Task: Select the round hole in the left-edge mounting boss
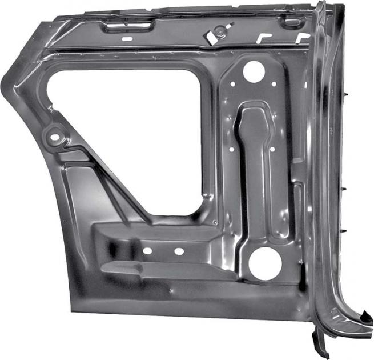pos(55,137)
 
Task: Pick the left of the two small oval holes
pos(147,251)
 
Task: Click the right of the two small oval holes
pos(178,251)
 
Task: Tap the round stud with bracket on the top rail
pos(219,31)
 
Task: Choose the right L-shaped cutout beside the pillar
pos(303,38)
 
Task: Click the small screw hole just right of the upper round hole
pos(275,84)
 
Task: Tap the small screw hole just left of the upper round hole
pos(232,83)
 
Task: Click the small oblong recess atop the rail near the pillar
pos(293,22)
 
